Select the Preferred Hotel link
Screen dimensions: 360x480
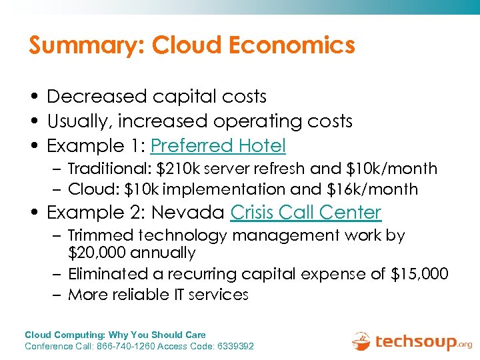pyautogui.click(x=219, y=145)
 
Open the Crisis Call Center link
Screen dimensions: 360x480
pyautogui.click(x=305, y=213)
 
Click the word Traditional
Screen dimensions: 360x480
pyautogui.click(x=109, y=169)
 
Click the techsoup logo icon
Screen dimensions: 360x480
pyautogui.click(x=361, y=341)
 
